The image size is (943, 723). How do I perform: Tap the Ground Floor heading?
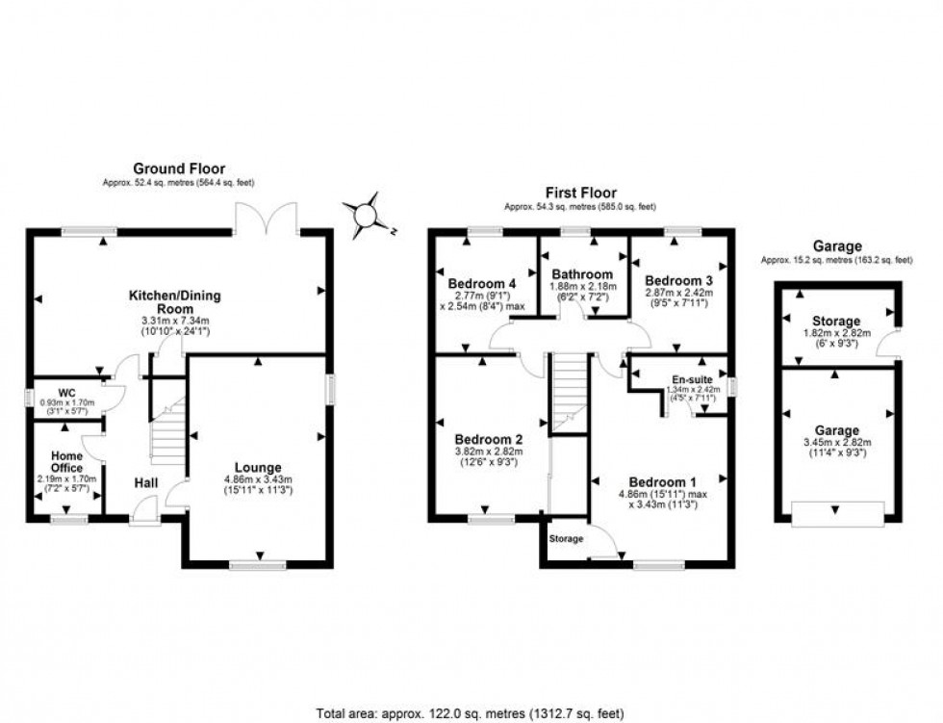[x=179, y=168]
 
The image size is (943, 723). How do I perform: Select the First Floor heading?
[x=580, y=193]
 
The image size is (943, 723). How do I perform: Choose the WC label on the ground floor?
[x=66, y=392]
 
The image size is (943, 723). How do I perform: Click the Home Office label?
[x=66, y=461]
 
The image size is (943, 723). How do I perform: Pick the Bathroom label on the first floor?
[x=582, y=273]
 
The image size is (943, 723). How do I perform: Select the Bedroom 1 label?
[x=663, y=481]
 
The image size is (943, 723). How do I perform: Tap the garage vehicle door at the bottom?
[x=835, y=514]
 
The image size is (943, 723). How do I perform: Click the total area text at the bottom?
[x=471, y=713]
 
